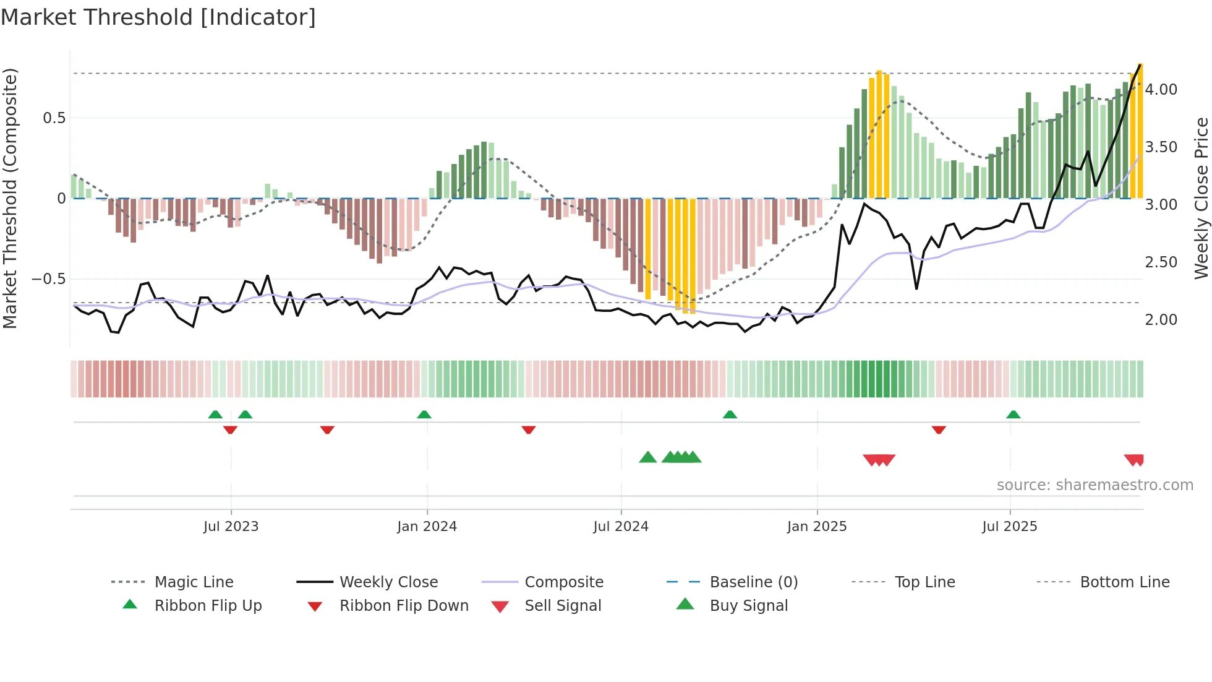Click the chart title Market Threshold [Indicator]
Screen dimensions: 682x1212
pos(158,17)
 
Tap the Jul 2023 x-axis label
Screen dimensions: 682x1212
pos(231,527)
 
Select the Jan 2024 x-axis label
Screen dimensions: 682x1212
pos(427,527)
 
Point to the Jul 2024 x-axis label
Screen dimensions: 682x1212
pos(621,527)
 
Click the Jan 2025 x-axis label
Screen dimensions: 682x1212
pos(817,527)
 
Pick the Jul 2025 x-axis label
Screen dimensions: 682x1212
pos(1010,527)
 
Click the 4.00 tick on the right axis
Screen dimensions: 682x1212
pos(1161,90)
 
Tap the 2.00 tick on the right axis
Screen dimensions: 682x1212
pos(1161,320)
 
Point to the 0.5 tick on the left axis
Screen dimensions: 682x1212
pos(54,118)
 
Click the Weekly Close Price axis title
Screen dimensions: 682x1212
pos(1201,198)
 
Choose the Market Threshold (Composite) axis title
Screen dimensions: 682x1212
pos(10,198)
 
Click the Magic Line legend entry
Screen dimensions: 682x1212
pos(194,582)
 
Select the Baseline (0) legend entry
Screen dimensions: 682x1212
pos(753,582)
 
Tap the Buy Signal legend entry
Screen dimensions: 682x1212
pos(748,606)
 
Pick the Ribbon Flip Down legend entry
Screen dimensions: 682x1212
pos(403,606)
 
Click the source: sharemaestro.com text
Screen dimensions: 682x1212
pos(1095,485)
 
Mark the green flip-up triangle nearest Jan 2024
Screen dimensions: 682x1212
pos(424,415)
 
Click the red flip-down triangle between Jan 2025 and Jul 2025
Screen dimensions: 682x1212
pos(939,429)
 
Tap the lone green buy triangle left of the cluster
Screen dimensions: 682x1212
pos(647,457)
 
